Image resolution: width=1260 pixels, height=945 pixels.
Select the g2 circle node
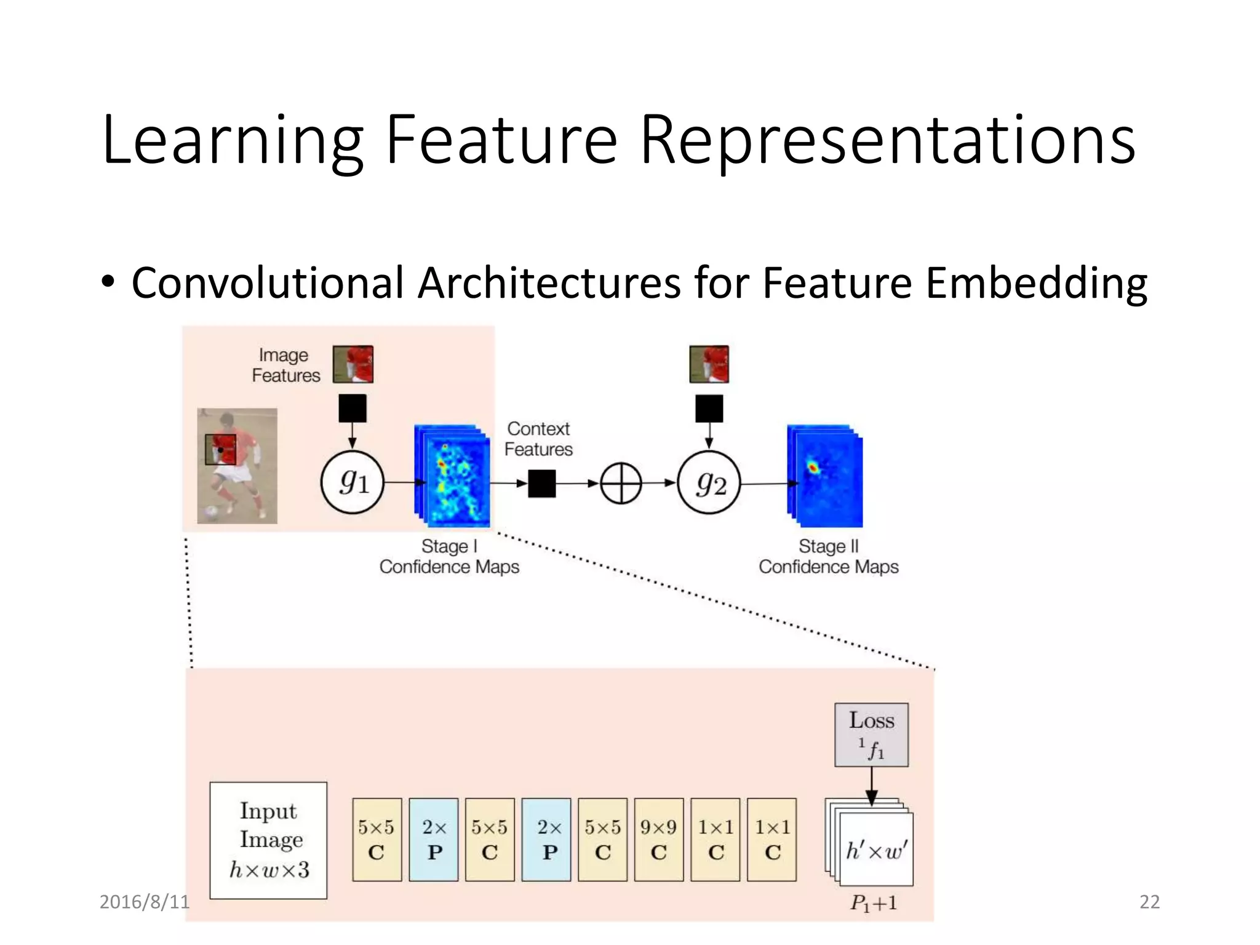click(709, 482)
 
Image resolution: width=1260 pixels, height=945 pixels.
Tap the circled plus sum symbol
click(621, 483)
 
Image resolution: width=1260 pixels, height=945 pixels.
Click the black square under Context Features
click(541, 483)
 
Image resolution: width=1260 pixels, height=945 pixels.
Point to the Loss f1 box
click(871, 735)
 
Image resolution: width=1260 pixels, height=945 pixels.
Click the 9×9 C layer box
click(659, 840)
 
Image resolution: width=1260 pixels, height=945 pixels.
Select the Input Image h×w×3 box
click(268, 840)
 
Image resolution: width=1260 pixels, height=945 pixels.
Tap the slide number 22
click(1149, 901)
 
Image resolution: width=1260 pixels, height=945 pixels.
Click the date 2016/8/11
click(145, 901)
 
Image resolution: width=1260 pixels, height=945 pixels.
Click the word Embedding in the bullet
click(1036, 283)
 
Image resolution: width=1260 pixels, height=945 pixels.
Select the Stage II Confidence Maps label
click(828, 556)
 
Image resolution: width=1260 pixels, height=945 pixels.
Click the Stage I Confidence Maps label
click(449, 556)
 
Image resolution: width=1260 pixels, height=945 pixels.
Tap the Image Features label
click(286, 365)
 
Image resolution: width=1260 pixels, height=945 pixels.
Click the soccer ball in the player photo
click(211, 512)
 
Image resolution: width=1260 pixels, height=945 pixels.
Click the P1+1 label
click(874, 903)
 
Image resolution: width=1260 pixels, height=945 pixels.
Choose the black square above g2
click(709, 409)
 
